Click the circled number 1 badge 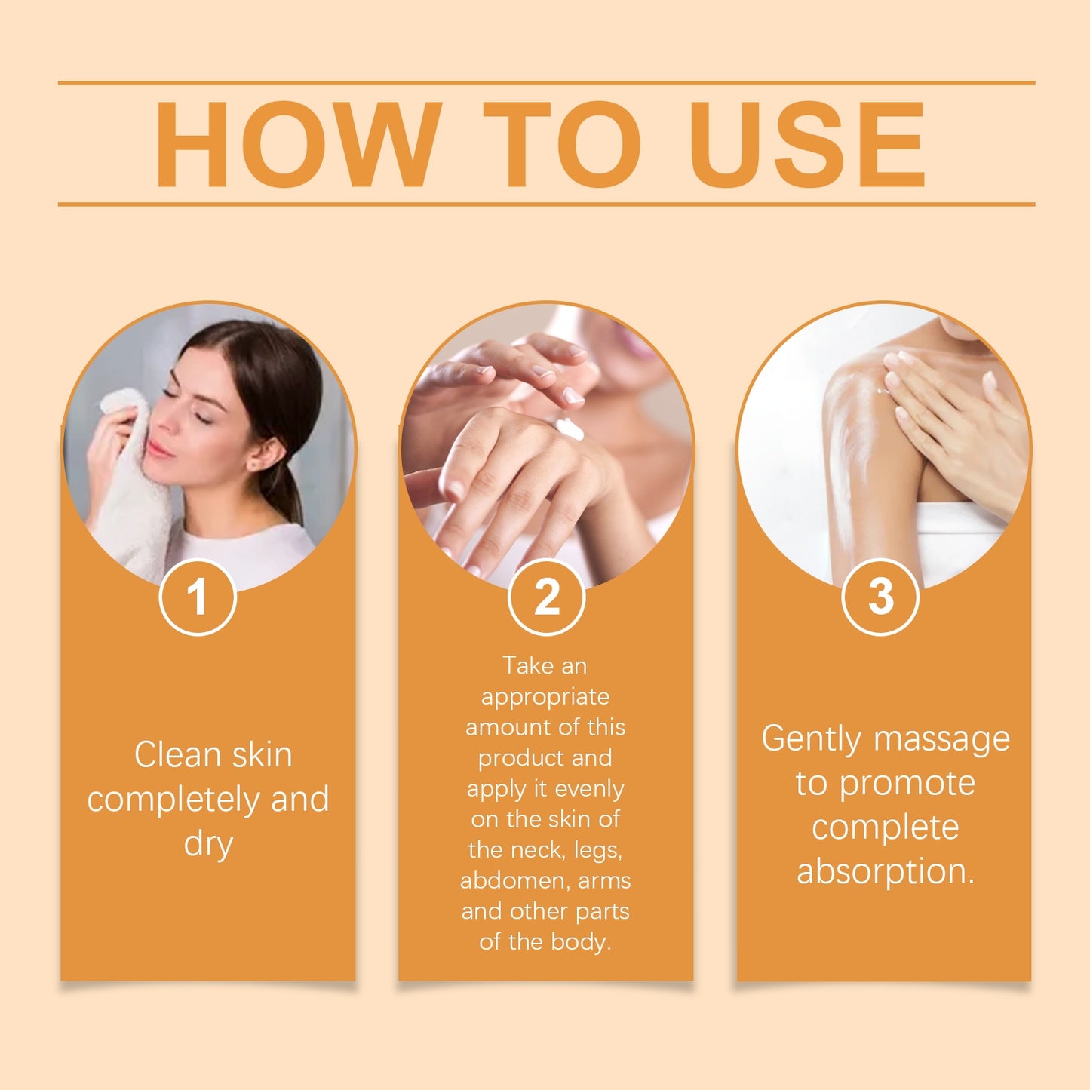[x=198, y=597]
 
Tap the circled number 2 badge [x=546, y=597]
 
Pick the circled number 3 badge [x=880, y=597]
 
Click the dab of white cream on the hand [x=570, y=428]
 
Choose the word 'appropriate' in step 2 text [x=545, y=697]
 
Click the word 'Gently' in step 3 [x=810, y=738]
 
